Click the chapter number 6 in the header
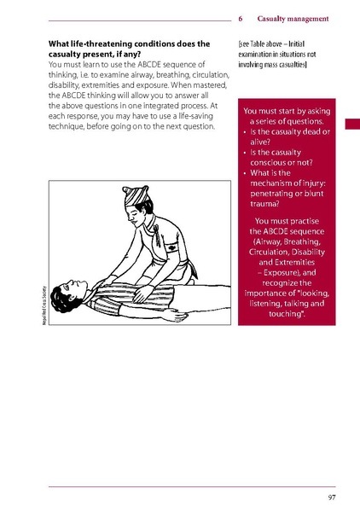[241, 19]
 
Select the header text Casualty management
[293, 19]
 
